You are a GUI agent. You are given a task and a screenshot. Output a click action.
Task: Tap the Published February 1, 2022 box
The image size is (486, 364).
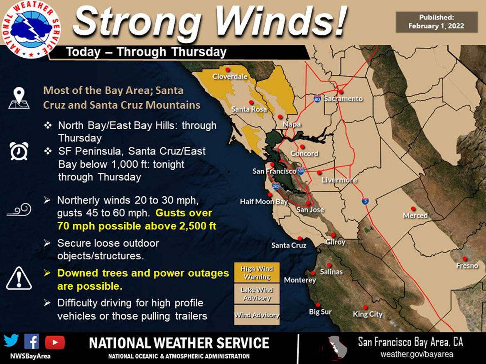(436, 22)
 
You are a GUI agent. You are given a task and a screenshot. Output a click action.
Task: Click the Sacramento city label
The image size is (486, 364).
(343, 99)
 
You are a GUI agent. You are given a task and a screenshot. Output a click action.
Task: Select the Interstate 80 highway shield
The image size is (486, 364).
(317, 100)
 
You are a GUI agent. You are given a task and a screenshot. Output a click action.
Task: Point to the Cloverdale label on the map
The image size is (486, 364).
(230, 76)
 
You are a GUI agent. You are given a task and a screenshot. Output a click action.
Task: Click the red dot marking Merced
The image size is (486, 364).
(413, 208)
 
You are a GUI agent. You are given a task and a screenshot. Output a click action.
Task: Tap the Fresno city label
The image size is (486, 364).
(467, 266)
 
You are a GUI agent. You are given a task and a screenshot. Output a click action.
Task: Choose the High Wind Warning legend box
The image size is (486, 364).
(257, 273)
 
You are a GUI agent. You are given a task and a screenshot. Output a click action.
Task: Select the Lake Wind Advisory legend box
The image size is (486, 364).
(257, 294)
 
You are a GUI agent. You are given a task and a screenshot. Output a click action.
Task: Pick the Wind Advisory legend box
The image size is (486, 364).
(257, 315)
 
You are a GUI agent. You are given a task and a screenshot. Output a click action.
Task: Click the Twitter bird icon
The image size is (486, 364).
(12, 342)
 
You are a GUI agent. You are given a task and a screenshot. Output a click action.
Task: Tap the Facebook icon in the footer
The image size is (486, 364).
(32, 342)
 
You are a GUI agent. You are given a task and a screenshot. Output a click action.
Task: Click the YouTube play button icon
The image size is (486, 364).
(55, 342)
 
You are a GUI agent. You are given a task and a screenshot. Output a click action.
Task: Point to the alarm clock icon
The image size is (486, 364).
(19, 151)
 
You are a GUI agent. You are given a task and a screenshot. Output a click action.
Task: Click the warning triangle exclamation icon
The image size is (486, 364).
(19, 278)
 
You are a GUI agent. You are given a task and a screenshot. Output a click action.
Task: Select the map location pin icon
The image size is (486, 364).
(19, 98)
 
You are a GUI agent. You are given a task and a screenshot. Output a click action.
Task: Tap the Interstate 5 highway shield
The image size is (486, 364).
(364, 200)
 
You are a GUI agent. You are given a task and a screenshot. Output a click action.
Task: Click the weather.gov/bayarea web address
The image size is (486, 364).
(417, 354)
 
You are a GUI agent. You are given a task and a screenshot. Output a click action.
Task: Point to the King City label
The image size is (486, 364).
(367, 314)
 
